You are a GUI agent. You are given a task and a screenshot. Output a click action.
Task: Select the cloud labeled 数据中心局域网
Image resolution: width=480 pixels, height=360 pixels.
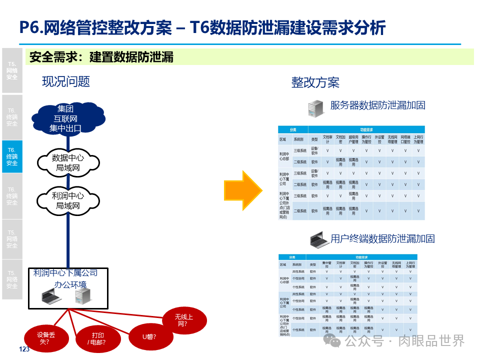point(67,162)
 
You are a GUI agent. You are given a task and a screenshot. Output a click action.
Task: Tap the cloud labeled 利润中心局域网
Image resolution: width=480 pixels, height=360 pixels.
point(67,200)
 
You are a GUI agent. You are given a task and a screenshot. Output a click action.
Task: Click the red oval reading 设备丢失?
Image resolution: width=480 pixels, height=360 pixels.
point(45,338)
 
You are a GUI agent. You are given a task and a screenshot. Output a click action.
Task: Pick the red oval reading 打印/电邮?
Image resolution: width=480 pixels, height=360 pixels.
point(97,338)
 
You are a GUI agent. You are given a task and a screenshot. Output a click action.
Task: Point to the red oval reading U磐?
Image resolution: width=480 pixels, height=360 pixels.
point(149,335)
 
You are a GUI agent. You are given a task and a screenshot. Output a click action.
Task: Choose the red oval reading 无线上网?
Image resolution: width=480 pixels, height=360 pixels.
point(184,320)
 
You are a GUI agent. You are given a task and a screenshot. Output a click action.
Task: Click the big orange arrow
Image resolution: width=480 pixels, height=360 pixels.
point(243,190)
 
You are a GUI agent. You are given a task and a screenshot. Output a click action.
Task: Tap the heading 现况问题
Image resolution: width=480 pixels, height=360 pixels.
point(65,81)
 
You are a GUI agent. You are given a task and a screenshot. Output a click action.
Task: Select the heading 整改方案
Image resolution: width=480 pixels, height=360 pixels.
point(315,82)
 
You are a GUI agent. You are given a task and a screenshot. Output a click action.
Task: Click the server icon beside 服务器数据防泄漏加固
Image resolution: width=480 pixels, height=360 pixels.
point(316,108)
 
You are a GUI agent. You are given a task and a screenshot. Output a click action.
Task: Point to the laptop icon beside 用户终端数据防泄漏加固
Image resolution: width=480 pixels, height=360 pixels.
point(319,239)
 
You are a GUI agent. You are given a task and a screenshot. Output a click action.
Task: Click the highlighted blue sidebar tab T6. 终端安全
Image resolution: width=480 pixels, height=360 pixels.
point(12,156)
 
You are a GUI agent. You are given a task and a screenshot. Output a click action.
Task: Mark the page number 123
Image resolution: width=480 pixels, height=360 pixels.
point(24,349)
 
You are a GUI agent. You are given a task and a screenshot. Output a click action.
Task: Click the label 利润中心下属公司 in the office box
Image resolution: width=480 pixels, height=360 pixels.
point(65,273)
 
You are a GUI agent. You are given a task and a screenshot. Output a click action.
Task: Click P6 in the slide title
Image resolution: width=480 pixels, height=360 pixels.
point(28,27)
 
